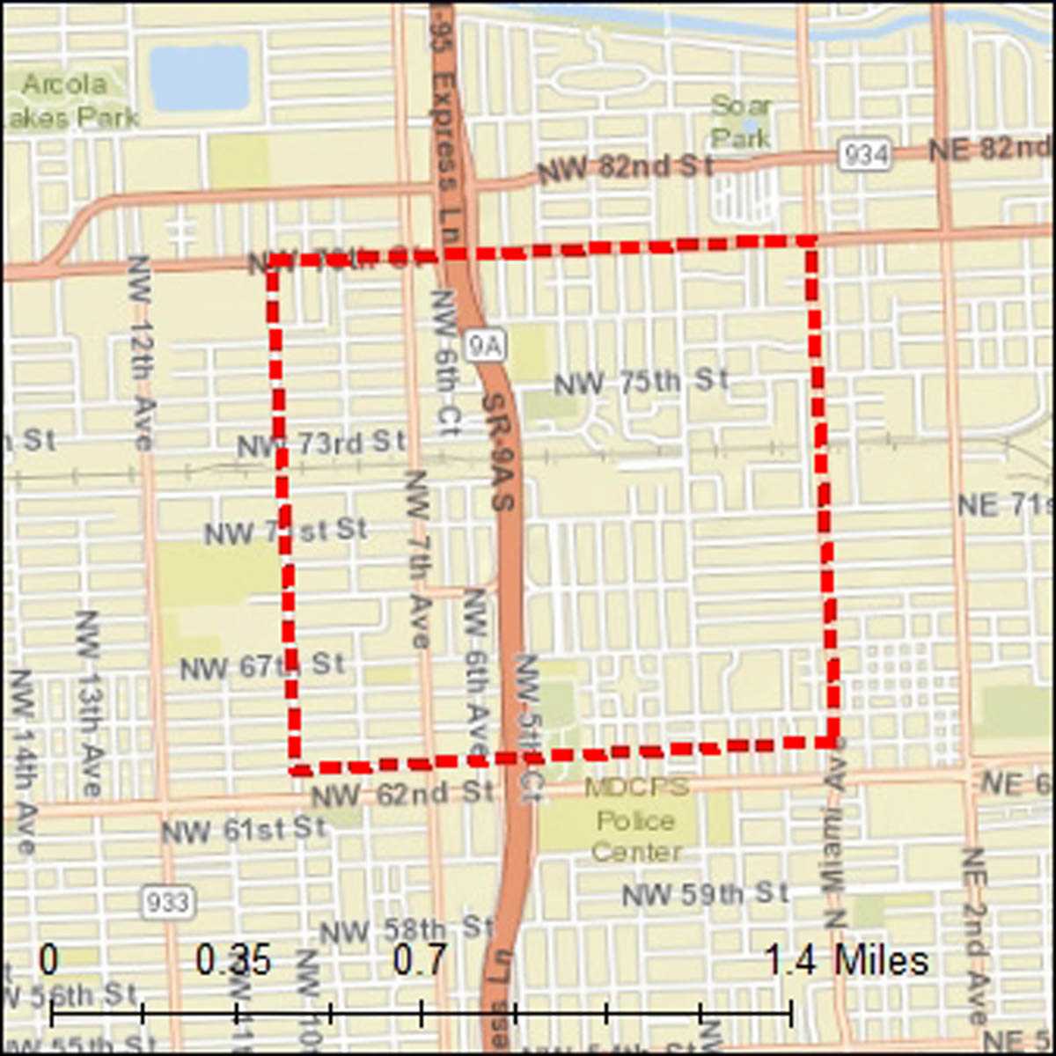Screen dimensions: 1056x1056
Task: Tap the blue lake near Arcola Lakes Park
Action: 199,77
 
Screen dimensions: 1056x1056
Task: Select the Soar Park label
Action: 741,121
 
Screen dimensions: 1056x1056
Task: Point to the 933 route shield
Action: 166,902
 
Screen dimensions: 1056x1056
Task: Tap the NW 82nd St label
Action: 625,166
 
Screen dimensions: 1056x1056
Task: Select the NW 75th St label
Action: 642,382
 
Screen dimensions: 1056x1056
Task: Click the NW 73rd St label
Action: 321,444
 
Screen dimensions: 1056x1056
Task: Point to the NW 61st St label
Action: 243,829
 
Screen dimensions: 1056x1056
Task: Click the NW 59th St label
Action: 705,894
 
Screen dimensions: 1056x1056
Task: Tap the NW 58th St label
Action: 406,929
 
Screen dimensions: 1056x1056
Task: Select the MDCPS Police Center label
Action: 637,820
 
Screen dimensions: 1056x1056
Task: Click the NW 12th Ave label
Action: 141,352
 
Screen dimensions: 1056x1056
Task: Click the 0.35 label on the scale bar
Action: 233,961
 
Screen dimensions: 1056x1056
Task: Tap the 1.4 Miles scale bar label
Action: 846,961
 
